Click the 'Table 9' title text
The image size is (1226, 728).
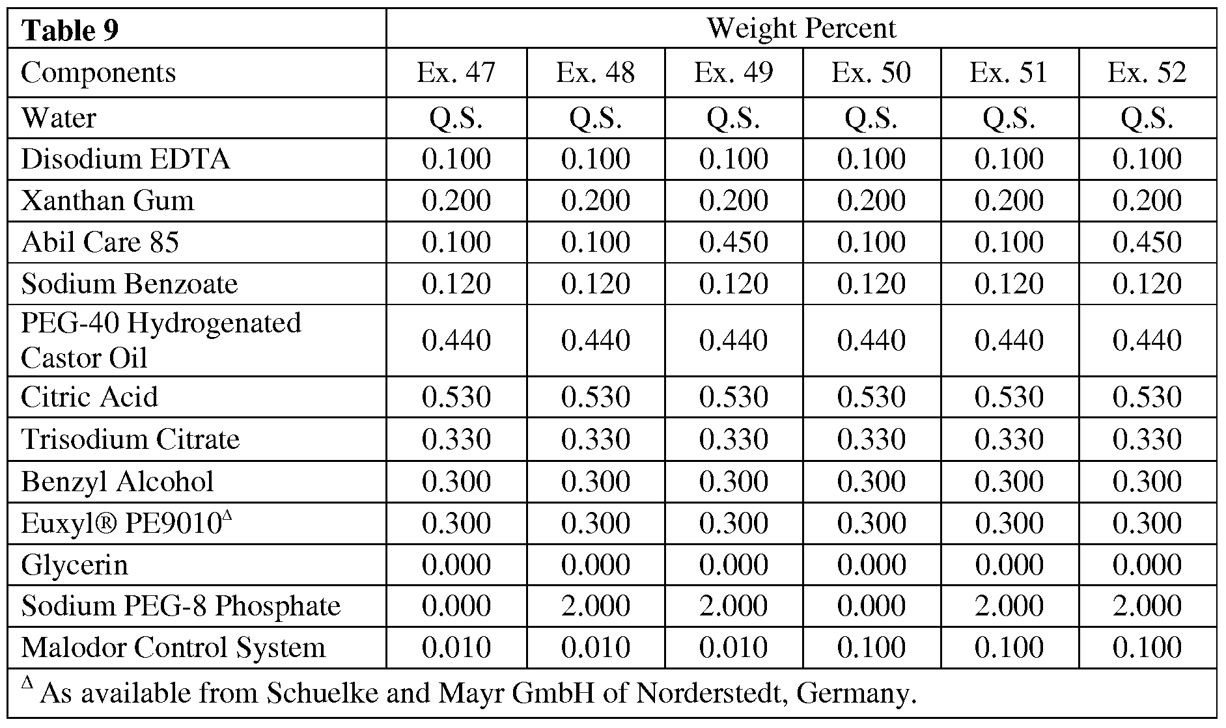70,31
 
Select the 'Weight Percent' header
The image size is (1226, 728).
801,28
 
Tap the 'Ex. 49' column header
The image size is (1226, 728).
733,72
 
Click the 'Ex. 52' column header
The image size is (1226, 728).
1147,72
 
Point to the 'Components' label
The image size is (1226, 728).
98,72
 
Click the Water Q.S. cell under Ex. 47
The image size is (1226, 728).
456,118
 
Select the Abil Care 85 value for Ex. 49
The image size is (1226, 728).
733,242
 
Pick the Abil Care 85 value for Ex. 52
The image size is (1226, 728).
1147,242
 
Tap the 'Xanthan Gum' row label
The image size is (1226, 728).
107,200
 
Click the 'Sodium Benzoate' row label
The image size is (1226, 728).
130,284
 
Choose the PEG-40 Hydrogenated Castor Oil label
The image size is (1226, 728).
161,340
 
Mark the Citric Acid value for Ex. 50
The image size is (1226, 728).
871,397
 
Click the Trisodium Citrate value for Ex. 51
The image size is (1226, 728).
1009,439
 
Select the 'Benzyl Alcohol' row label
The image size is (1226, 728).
117,481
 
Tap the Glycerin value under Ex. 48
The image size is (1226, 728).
595,564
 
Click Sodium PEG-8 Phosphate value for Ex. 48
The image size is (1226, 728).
595,606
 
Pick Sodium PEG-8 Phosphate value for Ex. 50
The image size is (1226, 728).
871,606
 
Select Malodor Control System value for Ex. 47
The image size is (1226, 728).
456,647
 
